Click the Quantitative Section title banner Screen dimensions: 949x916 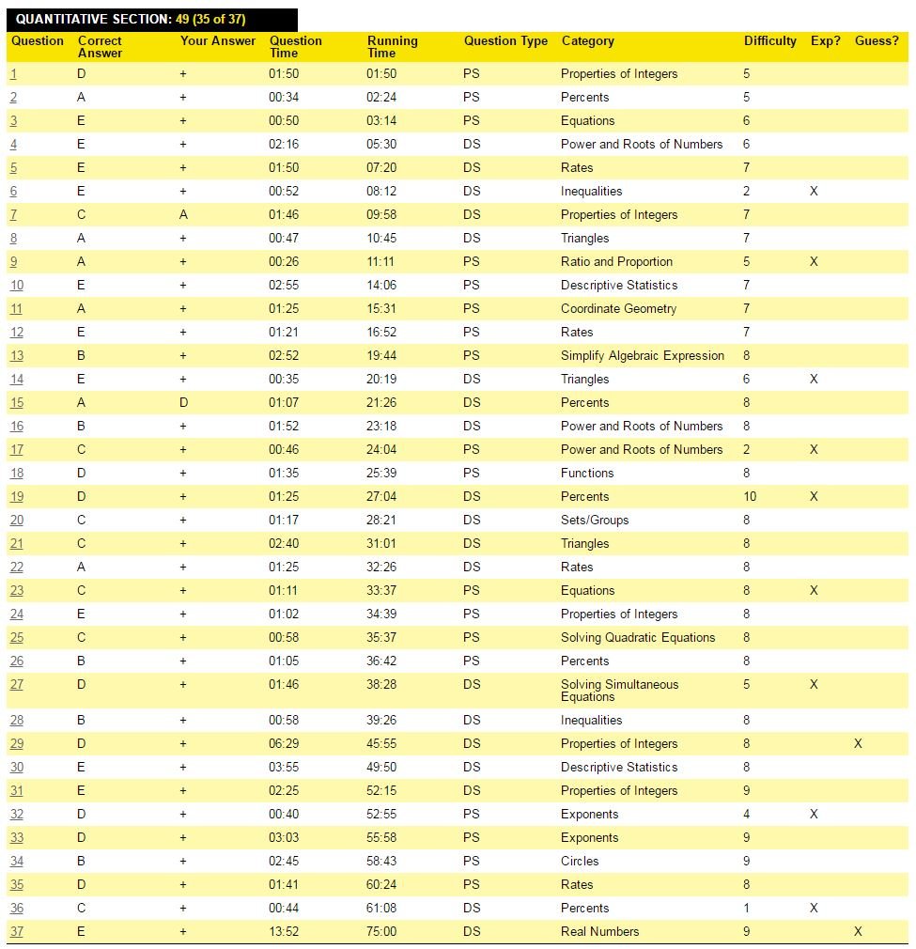coord(132,20)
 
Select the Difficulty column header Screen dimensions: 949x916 coord(769,41)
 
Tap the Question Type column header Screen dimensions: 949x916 coord(505,41)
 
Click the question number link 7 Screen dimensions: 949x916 coord(14,215)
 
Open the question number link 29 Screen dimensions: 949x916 coord(17,744)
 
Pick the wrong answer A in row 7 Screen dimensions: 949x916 coord(183,215)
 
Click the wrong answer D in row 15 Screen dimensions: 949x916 coord(183,403)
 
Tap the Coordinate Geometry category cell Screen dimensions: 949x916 coord(618,309)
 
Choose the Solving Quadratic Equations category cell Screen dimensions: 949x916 coord(638,638)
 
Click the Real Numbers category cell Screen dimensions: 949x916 coord(599,932)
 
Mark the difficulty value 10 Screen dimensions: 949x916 coord(750,497)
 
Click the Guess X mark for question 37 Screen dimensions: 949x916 coord(858,932)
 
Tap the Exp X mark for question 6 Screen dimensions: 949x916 coord(814,192)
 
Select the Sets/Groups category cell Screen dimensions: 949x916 coord(595,521)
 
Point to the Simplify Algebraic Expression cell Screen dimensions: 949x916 coord(643,356)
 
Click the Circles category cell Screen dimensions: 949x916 coord(580,862)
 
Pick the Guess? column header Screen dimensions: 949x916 coord(877,41)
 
